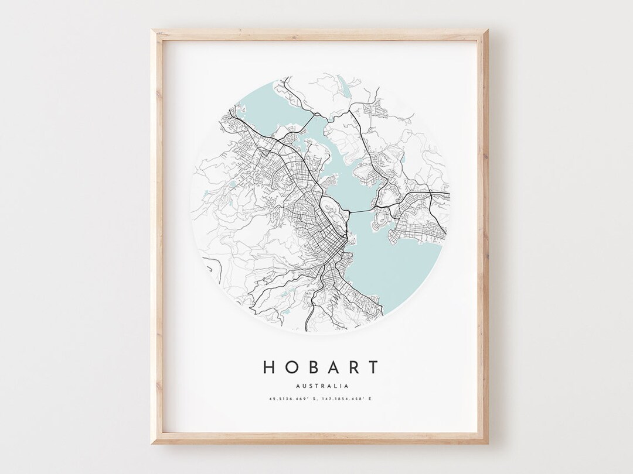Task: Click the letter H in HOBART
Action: [269, 367]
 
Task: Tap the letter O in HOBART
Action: [291, 367]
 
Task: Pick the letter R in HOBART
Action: [352, 367]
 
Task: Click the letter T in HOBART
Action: [372, 367]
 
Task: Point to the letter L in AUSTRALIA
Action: [335, 386]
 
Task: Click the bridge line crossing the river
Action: [362, 209]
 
